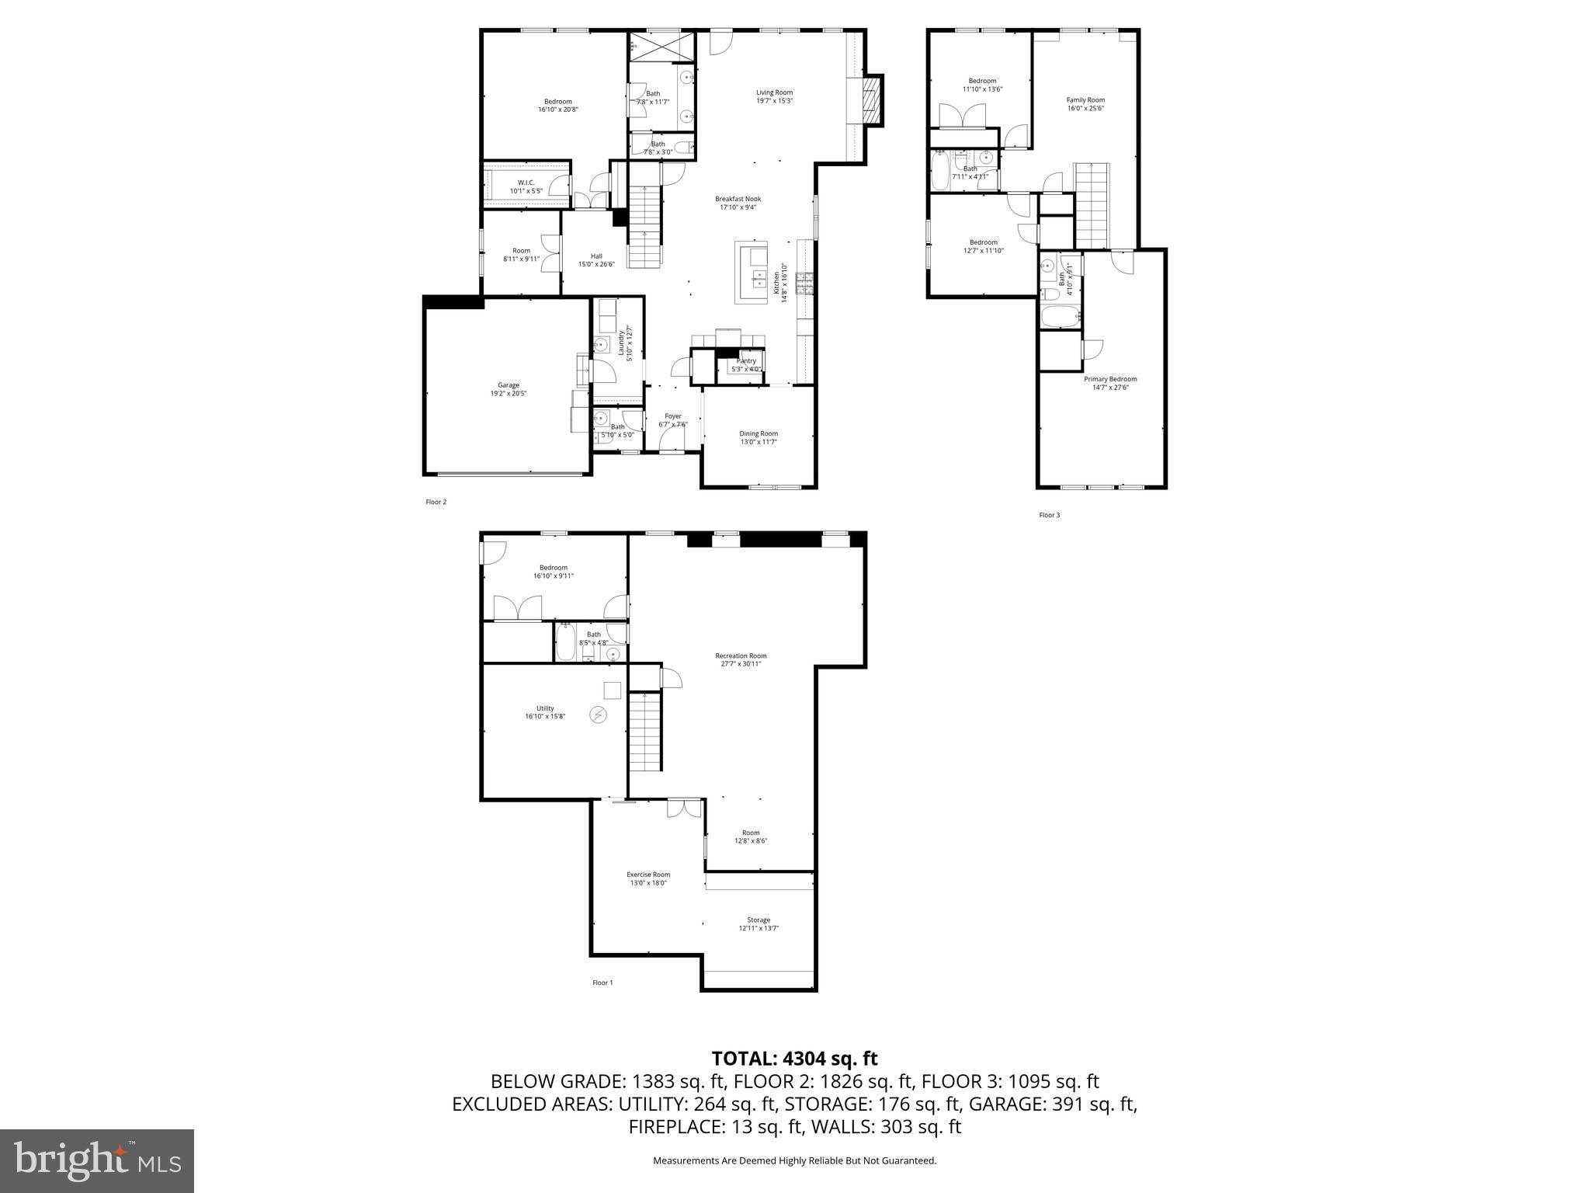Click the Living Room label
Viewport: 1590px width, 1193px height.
(x=774, y=92)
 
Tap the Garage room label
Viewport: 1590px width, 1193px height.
(x=508, y=385)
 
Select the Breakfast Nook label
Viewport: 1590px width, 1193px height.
(x=738, y=199)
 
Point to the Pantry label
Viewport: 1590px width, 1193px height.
(x=745, y=361)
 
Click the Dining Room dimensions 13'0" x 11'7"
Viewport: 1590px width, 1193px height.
(x=758, y=442)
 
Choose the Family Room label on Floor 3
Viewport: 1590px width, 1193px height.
(x=1085, y=99)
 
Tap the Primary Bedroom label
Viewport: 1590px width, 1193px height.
(x=1109, y=379)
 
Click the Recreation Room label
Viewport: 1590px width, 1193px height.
(x=740, y=656)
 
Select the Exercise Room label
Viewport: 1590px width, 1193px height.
(x=647, y=875)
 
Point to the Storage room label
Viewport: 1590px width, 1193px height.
(x=758, y=920)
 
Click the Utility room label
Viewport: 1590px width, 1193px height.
(x=544, y=708)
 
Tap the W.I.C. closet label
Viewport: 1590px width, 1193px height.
(x=526, y=183)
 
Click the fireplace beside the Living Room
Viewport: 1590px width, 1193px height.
(x=873, y=99)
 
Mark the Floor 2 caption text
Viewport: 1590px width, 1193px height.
(x=436, y=502)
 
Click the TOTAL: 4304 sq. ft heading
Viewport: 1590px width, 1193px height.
(x=794, y=1058)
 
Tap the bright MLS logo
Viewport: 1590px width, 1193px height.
(x=97, y=1160)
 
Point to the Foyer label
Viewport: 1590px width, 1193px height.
(x=672, y=416)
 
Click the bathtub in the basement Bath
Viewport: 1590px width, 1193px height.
(x=565, y=642)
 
